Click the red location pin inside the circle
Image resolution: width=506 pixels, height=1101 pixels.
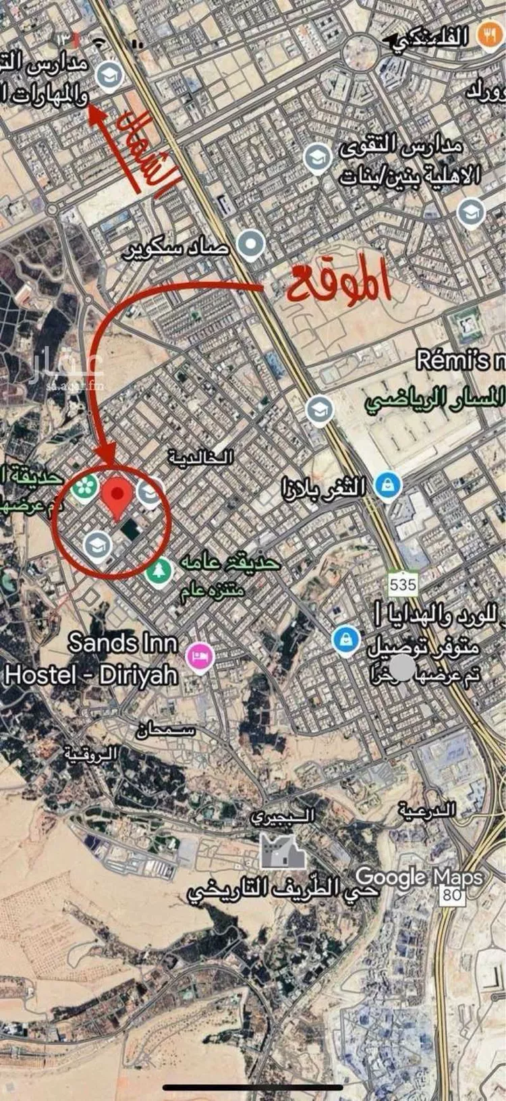click(117, 497)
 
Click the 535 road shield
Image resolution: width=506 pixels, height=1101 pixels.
click(403, 583)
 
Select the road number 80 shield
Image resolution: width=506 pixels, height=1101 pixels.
click(451, 896)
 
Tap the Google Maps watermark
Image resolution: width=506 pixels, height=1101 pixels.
click(419, 877)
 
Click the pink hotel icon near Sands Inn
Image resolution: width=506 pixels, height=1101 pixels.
click(200, 655)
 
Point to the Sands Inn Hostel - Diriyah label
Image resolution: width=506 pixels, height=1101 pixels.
click(92, 659)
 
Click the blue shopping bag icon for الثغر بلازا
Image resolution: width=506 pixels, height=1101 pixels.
click(388, 486)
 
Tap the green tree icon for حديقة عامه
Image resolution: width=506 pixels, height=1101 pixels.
click(160, 571)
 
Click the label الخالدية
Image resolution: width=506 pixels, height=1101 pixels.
click(201, 458)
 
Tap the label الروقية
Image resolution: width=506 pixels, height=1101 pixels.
click(92, 752)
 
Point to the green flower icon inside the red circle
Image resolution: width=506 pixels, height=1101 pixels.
click(85, 489)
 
